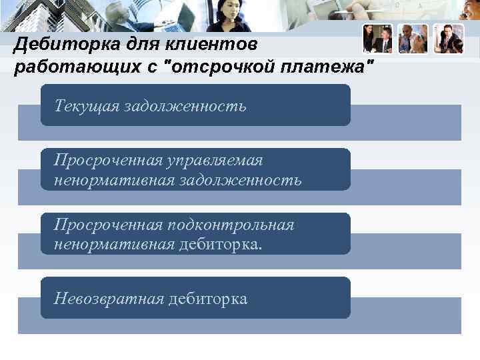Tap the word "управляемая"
coord(215,161)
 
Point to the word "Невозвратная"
coord(109,299)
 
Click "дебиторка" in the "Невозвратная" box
coord(207,299)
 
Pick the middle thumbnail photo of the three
coord(413,39)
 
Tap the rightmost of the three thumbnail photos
coord(448,39)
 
